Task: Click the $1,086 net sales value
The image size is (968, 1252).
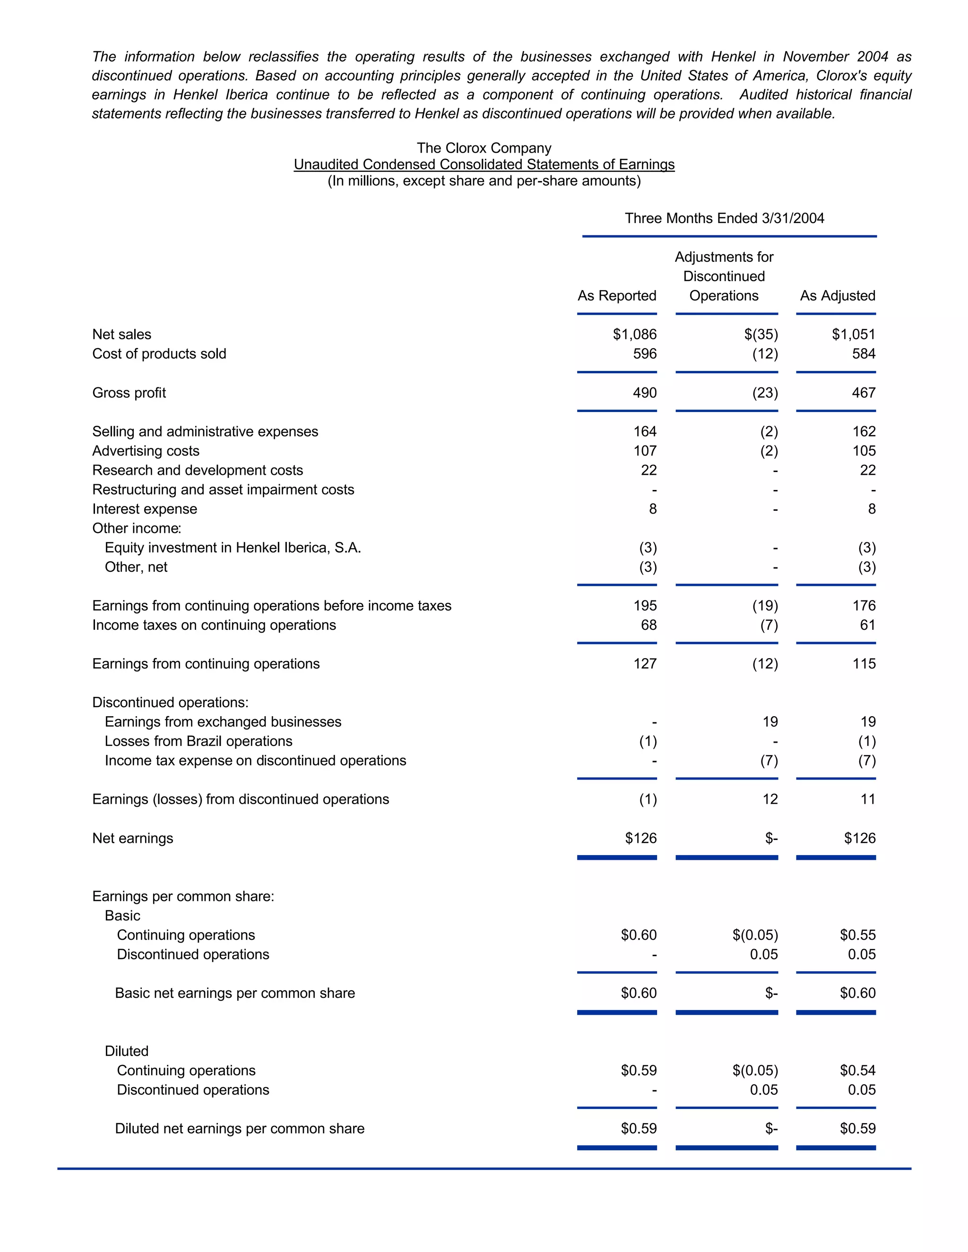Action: tap(634, 334)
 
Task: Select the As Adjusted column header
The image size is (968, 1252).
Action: tap(837, 296)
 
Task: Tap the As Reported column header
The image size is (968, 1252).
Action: tap(616, 296)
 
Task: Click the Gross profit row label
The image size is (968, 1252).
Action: tap(129, 393)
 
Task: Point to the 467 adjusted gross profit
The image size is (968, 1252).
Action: tap(864, 393)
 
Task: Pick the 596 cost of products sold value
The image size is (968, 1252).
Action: tap(645, 354)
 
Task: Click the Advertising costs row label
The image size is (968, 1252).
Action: tap(146, 451)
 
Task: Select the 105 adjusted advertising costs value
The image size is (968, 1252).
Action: tap(864, 451)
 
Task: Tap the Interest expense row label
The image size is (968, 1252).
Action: tap(145, 509)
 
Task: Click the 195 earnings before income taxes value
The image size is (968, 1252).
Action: tap(645, 606)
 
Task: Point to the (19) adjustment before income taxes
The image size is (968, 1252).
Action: tap(765, 606)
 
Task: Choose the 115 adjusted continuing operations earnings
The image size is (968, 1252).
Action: tap(864, 664)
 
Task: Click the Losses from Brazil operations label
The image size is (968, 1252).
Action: tap(199, 741)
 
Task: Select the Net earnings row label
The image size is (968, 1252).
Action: tap(132, 838)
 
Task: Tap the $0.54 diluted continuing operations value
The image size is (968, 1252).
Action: tap(857, 1070)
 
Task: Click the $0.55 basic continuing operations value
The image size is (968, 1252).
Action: tap(857, 935)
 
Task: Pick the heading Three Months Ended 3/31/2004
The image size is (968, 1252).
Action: tap(724, 218)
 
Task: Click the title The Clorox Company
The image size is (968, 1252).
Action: tap(484, 148)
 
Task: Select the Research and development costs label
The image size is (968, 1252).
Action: tap(197, 471)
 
